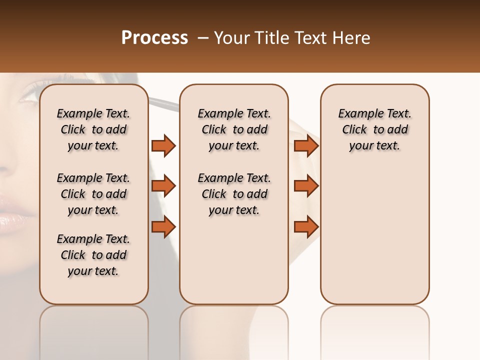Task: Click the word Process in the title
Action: click(x=154, y=38)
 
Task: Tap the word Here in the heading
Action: click(x=350, y=38)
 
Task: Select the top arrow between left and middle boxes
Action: click(x=163, y=145)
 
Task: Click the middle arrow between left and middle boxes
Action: click(x=163, y=186)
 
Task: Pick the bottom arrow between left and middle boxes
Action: click(x=163, y=226)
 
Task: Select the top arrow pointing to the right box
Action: click(x=306, y=145)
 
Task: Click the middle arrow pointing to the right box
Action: click(x=306, y=186)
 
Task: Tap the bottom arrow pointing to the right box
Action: click(x=306, y=226)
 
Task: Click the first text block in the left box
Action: click(x=93, y=129)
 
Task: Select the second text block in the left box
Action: click(x=93, y=194)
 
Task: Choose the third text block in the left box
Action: click(x=93, y=255)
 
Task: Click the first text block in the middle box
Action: click(x=234, y=129)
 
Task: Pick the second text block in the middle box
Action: click(x=234, y=194)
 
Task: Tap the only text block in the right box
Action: click(x=374, y=129)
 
